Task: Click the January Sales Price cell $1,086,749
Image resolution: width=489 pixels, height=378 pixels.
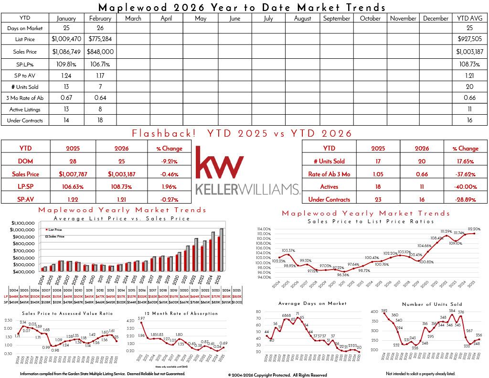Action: tap(66, 52)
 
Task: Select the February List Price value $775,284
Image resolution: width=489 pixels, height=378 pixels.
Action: tap(101, 39)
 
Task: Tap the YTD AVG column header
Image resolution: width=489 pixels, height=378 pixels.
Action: tap(469, 18)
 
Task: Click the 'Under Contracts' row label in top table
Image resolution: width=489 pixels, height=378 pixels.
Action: tap(25, 120)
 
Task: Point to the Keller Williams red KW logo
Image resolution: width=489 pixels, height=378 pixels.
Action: tap(220, 162)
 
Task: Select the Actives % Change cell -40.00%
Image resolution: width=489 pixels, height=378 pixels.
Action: tap(466, 187)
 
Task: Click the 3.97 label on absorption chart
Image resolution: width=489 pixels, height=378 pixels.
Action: tap(141, 319)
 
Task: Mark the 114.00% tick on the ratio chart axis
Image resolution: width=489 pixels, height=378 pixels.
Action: tap(264, 229)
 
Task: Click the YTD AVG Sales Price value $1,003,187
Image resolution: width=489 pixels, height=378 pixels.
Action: tap(469, 52)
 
